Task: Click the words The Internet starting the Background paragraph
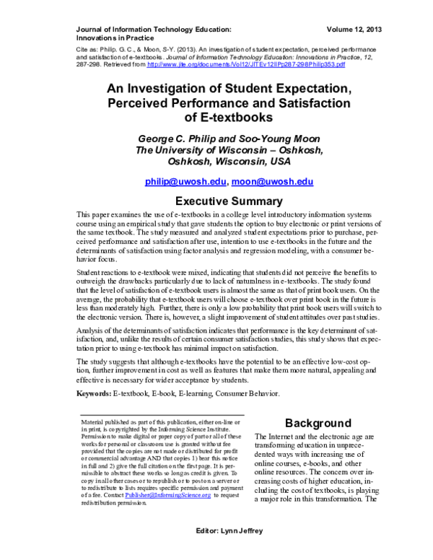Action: (276, 438)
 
